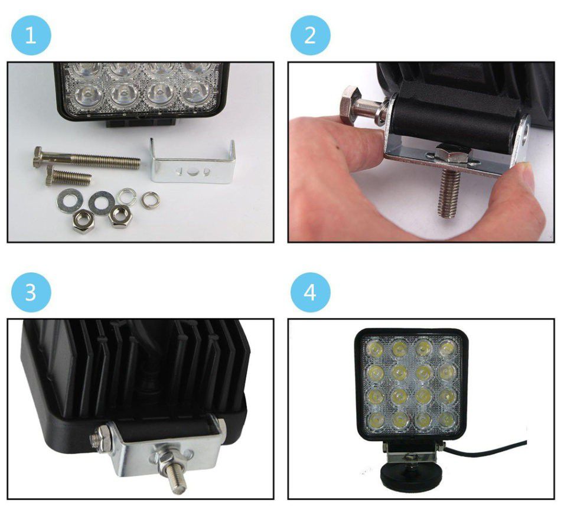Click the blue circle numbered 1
(x=31, y=35)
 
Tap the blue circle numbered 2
(x=310, y=35)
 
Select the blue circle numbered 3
(x=31, y=292)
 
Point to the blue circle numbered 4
(x=310, y=292)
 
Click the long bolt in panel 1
(x=87, y=159)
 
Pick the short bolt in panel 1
(x=68, y=175)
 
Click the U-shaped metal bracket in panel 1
(x=193, y=163)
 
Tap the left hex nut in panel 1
(x=83, y=222)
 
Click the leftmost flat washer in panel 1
(x=70, y=201)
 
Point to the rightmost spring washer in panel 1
(x=150, y=200)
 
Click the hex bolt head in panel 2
(x=348, y=104)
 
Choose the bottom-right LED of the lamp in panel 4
(x=446, y=419)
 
